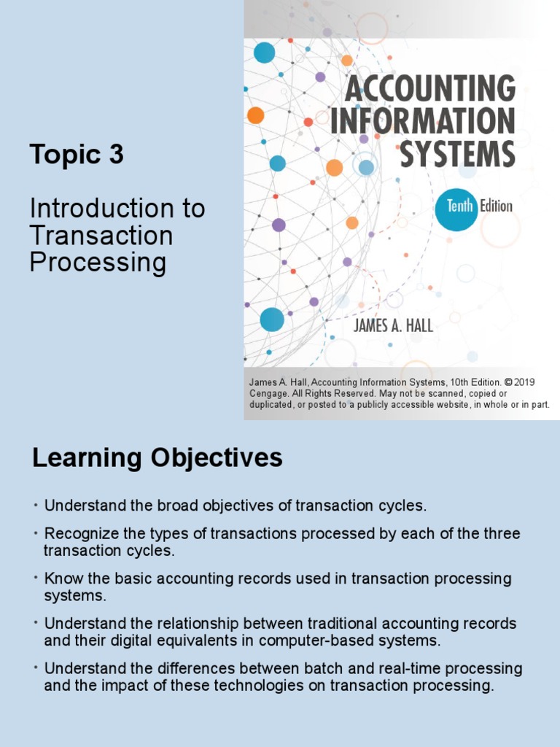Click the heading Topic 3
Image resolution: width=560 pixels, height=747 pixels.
point(77,155)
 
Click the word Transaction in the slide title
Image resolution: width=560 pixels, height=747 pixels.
point(101,236)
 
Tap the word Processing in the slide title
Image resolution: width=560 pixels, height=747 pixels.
point(98,262)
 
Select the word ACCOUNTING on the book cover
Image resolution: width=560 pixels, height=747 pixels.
point(429,89)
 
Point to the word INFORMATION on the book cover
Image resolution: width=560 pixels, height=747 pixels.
point(422,121)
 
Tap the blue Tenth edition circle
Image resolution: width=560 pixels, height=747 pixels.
point(456,206)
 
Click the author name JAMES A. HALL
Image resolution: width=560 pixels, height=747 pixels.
point(393,325)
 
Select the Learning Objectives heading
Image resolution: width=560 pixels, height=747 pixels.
point(157,458)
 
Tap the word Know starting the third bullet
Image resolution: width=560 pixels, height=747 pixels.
point(61,578)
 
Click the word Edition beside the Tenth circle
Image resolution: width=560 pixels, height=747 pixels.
point(496,206)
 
